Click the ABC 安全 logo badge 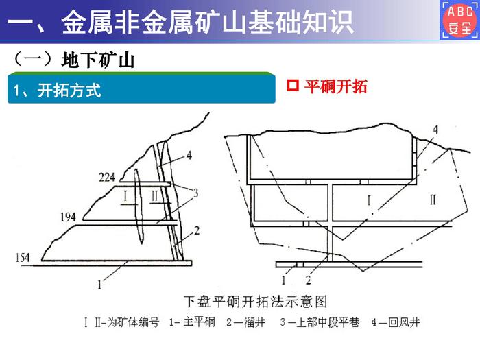coord(460,20)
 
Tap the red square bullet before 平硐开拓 coord(293,86)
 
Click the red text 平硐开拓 coord(336,86)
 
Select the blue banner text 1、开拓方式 coord(57,91)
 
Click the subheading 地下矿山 coord(98,60)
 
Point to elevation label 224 coord(107,177)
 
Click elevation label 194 coord(69,217)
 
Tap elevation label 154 coord(23,257)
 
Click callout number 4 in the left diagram coord(189,155)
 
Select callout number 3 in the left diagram coord(195,193)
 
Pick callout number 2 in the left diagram coord(197,230)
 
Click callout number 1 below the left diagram coord(99,285)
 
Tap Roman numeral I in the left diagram coord(125,195)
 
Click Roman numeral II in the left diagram coord(154,196)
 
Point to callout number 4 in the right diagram coord(435,130)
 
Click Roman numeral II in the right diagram coord(433,200)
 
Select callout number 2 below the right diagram coord(309,280)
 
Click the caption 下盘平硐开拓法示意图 coord(256,302)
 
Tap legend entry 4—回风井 coord(396,322)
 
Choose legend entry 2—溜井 coord(245,322)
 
